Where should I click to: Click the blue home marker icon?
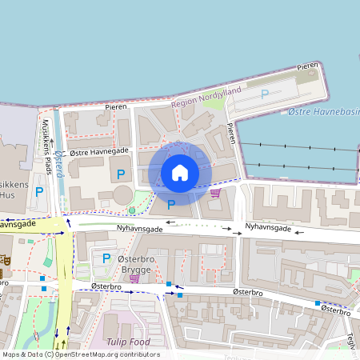click(x=180, y=173)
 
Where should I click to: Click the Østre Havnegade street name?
click(x=99, y=151)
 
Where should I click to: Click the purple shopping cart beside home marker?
click(x=215, y=192)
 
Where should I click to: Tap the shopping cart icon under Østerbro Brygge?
click(x=134, y=278)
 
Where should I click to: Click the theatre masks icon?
click(x=4, y=260)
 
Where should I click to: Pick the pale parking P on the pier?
click(x=265, y=94)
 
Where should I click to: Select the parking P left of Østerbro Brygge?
click(x=106, y=258)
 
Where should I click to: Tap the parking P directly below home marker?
click(x=170, y=205)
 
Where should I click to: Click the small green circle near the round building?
click(x=132, y=210)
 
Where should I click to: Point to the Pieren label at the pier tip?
click(x=308, y=66)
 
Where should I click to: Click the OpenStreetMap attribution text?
click(x=80, y=354)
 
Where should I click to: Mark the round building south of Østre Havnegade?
click(x=123, y=194)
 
